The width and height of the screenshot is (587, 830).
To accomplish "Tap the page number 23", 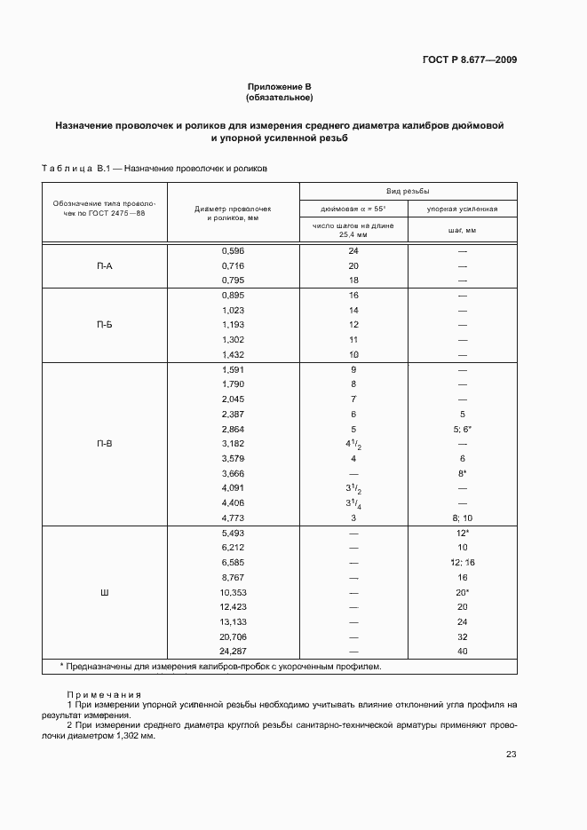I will (511, 755).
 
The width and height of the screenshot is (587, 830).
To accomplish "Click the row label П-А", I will (104, 265).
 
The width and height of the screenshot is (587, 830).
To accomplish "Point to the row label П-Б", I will (104, 325).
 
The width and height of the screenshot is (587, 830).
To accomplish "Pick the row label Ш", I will (104, 590).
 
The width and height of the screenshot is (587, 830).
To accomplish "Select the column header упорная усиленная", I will (462, 209).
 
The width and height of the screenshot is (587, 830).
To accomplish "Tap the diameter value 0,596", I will (233, 251).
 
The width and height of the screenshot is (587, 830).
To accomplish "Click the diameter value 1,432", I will (233, 354).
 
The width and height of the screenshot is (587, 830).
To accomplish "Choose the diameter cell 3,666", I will (233, 474).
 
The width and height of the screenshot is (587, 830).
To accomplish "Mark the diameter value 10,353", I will (233, 591).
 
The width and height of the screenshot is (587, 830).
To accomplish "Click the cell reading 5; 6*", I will (462, 429).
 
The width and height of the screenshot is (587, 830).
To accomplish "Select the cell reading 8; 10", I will (462, 518).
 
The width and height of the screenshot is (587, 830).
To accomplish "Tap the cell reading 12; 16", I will (462, 562).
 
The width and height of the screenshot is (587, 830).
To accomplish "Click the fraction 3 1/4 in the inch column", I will (353, 503).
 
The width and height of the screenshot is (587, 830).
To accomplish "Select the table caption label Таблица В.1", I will (75, 167).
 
